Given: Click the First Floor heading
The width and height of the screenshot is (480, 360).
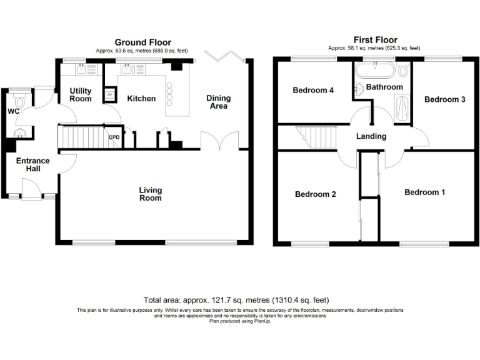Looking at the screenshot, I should tap(376, 40).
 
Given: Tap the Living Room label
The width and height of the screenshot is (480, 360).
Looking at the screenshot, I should tap(150, 194).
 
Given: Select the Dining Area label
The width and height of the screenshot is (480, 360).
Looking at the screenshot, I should tap(219, 102).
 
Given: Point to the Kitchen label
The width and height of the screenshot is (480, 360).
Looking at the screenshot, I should tap(141, 98).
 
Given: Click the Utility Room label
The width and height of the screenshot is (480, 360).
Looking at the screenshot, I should tap(80, 95).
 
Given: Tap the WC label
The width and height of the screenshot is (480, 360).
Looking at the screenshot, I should tap(14, 111).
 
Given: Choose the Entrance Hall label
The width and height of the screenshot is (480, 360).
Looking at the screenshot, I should tap(32, 165).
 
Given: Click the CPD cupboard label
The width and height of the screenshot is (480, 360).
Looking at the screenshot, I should tap(114, 137).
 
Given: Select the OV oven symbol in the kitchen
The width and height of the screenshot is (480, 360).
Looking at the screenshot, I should tap(111, 95).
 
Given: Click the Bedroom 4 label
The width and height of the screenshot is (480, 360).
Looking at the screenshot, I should tap(313, 91).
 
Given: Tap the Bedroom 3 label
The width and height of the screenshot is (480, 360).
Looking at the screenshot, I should tap(444, 99).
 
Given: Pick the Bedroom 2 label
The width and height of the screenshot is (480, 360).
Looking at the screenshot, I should tap(316, 194).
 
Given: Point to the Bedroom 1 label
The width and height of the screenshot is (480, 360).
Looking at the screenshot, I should tap(424, 192).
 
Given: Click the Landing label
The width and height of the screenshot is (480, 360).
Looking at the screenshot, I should tap(371, 136).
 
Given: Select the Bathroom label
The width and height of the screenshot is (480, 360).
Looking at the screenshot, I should tap(384, 87).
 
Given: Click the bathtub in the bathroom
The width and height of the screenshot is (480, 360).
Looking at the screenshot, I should tap(376, 68).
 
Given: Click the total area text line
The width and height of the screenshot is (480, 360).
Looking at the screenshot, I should tap(236, 300).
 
